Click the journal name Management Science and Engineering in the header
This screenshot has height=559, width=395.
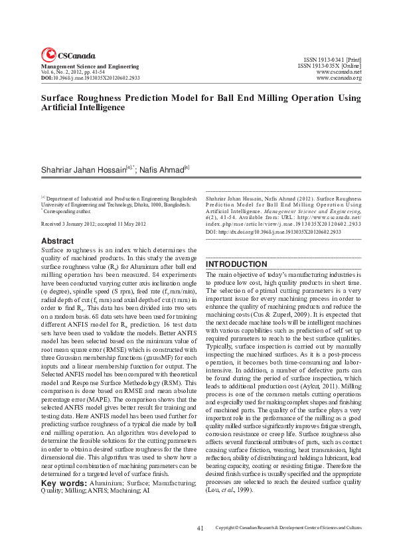[x=90, y=66]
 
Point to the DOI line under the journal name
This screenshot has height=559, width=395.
[x=90, y=78]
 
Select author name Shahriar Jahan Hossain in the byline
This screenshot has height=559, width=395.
[x=83, y=170]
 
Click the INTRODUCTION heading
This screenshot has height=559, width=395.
[x=238, y=264]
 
